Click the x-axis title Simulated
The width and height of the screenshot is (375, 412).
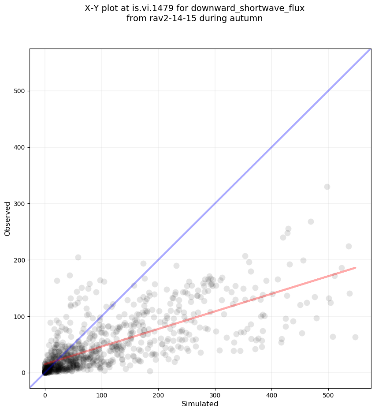point(200,404)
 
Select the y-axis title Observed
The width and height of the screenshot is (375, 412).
point(7,219)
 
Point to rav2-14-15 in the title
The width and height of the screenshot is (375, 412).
point(168,19)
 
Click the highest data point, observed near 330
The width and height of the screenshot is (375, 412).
point(327,187)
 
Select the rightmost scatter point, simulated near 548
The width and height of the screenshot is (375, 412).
point(355,337)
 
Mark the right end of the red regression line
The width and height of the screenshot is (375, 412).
point(355,268)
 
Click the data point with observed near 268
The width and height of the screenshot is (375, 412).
point(311,221)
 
